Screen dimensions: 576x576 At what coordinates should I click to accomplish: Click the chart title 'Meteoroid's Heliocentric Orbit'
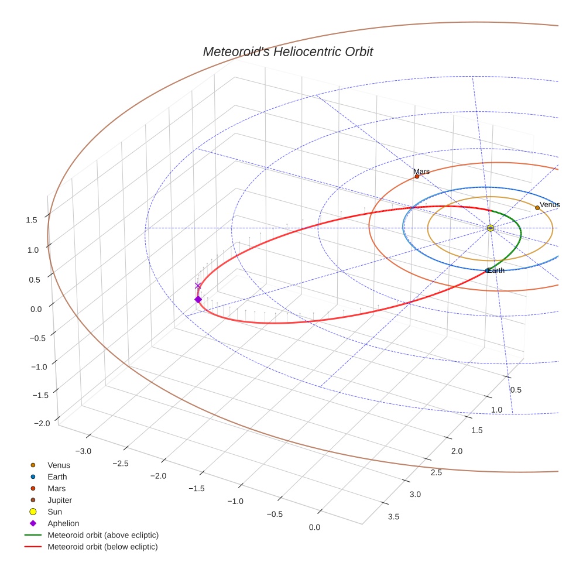tap(287, 52)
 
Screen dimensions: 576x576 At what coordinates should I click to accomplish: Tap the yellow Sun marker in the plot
tap(491, 228)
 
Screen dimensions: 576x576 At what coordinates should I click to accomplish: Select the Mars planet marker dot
tap(417, 176)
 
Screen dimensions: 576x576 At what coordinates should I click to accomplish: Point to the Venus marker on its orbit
tap(537, 208)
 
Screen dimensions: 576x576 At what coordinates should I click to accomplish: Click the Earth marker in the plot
tap(488, 270)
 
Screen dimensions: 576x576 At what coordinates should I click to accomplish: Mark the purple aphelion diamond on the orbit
tap(198, 300)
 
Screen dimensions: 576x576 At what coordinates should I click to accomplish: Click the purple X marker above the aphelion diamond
tap(198, 286)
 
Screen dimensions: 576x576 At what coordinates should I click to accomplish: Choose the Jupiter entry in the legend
tap(60, 500)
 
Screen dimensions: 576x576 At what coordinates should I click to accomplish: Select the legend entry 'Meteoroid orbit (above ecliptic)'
tap(103, 535)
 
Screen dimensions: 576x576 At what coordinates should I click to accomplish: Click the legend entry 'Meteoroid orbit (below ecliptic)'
tap(102, 547)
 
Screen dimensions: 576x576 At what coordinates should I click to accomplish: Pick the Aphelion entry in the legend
tap(63, 523)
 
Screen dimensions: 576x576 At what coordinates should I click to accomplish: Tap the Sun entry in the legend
tap(54, 512)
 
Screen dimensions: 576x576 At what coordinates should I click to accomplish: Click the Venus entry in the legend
tap(59, 465)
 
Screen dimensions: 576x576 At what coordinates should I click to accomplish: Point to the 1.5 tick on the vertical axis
tap(32, 220)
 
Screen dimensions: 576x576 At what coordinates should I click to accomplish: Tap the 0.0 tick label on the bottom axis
tap(314, 527)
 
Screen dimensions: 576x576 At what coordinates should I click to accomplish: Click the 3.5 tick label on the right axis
tap(393, 516)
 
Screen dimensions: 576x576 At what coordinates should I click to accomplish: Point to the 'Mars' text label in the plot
tap(421, 172)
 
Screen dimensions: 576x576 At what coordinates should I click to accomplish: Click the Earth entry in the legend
tap(57, 476)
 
